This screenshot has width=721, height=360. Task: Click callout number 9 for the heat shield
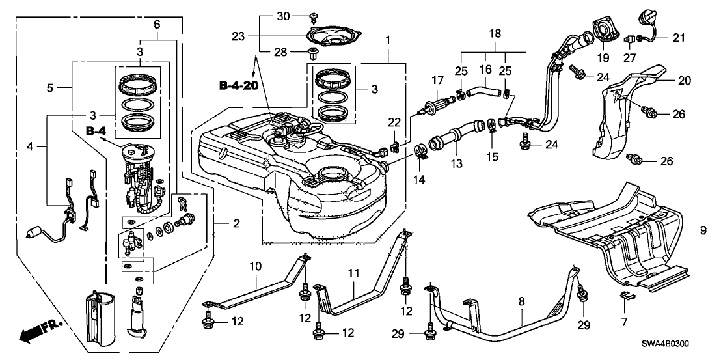pos(703,229)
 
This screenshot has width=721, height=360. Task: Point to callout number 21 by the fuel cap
pos(679,38)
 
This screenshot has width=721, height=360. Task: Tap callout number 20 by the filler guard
pos(682,81)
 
